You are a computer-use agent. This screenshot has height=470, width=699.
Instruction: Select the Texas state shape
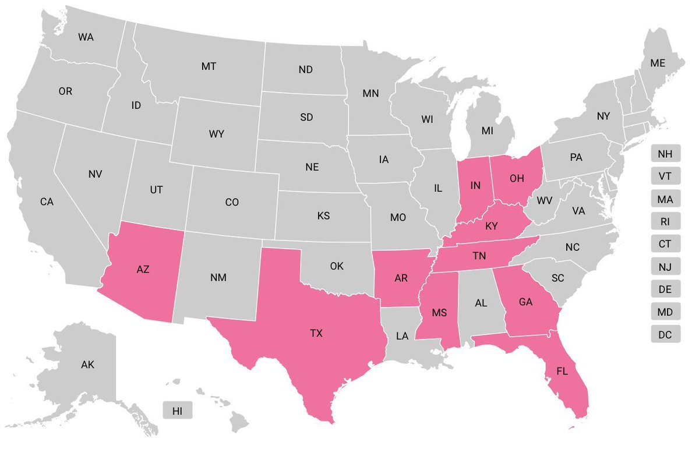(x=316, y=334)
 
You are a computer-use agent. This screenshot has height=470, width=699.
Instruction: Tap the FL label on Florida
(x=562, y=371)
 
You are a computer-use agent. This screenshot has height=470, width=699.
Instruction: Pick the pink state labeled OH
(x=516, y=178)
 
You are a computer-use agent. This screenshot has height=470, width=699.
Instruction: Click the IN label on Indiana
(x=475, y=186)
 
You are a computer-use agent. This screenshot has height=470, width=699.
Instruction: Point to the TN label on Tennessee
(x=479, y=256)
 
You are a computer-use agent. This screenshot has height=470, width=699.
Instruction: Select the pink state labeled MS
(x=439, y=313)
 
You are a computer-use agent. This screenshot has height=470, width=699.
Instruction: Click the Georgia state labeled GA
(x=525, y=302)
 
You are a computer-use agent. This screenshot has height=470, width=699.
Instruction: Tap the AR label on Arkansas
(x=401, y=278)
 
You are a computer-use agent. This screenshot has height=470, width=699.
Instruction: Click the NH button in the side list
(x=665, y=154)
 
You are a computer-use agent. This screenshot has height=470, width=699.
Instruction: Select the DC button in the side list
(x=665, y=334)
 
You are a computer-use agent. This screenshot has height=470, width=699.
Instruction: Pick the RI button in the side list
(x=665, y=222)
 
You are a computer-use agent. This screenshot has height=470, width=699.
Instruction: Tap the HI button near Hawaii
(x=178, y=411)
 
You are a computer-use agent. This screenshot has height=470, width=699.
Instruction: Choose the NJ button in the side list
(x=665, y=267)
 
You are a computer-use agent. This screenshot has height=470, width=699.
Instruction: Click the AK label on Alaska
(x=87, y=365)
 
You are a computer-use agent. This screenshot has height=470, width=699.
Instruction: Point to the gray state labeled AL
(x=481, y=304)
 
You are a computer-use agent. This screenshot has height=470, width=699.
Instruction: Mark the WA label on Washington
(x=86, y=37)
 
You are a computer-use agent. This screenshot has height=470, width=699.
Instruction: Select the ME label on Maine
(x=658, y=63)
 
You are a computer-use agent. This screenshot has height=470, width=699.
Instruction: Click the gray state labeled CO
(x=232, y=203)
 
